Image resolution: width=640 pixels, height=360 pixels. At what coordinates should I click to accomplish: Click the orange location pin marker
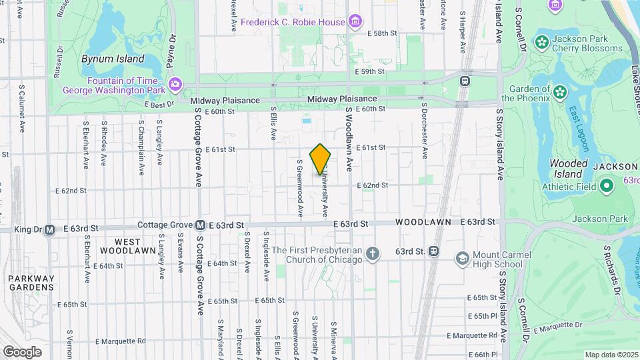[321, 159]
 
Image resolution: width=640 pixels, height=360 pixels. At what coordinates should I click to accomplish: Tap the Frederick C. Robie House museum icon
[355, 22]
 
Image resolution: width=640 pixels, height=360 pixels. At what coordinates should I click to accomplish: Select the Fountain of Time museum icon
[175, 84]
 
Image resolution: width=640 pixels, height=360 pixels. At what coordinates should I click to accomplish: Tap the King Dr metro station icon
[49, 230]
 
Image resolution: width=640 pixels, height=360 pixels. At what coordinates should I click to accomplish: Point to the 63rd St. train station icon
[433, 251]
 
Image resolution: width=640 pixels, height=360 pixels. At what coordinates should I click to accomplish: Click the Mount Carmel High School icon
[461, 258]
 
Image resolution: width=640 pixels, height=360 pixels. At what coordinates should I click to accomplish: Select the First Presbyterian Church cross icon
[373, 253]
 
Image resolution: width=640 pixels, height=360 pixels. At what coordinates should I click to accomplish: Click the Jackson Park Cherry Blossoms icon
[542, 43]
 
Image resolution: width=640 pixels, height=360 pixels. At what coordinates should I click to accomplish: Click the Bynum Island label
[113, 59]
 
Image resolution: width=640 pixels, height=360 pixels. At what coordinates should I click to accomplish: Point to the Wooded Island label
[568, 169]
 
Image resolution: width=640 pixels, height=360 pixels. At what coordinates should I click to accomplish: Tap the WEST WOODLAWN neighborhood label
[120, 246]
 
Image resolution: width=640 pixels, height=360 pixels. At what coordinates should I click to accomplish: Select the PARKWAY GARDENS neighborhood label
[31, 283]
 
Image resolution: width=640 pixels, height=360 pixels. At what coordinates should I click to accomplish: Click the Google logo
[22, 351]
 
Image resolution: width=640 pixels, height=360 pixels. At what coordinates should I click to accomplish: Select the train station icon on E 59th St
[465, 81]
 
